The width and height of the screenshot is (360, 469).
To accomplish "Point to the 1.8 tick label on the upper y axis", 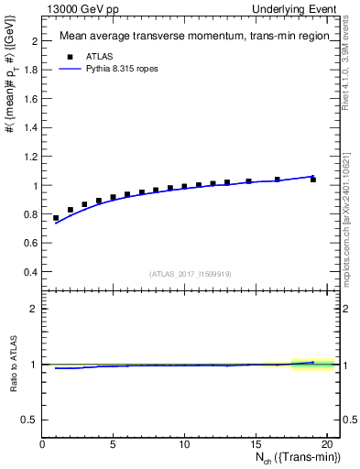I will (29, 71).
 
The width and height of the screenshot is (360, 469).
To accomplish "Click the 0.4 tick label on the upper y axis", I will (29, 272).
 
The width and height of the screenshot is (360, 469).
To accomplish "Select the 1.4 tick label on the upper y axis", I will (29, 128).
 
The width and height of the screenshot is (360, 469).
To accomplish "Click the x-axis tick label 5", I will (113, 444).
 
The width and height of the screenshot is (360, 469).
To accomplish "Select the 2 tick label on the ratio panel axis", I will (33, 309).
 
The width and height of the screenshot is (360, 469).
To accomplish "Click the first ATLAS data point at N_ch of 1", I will (56, 218).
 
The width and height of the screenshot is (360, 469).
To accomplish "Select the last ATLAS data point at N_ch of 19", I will (312, 180).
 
